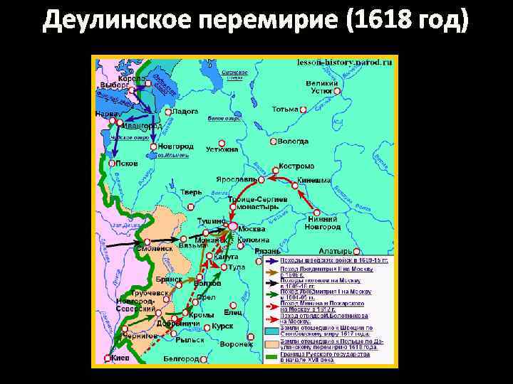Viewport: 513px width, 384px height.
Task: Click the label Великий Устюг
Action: pyautogui.click(x=323, y=87)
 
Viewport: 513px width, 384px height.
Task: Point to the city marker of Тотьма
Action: pyautogui.click(x=304, y=110)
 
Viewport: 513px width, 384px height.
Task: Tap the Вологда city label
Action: pyautogui.click(x=294, y=142)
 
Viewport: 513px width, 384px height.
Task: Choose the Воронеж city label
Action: pyautogui.click(x=237, y=344)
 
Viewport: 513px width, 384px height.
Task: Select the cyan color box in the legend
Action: pyautogui.click(x=271, y=331)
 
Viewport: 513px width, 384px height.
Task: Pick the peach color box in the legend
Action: pyautogui.click(x=271, y=344)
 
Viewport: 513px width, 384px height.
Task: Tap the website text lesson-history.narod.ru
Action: pyautogui.click(x=345, y=63)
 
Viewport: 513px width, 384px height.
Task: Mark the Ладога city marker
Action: pyautogui.click(x=167, y=112)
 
